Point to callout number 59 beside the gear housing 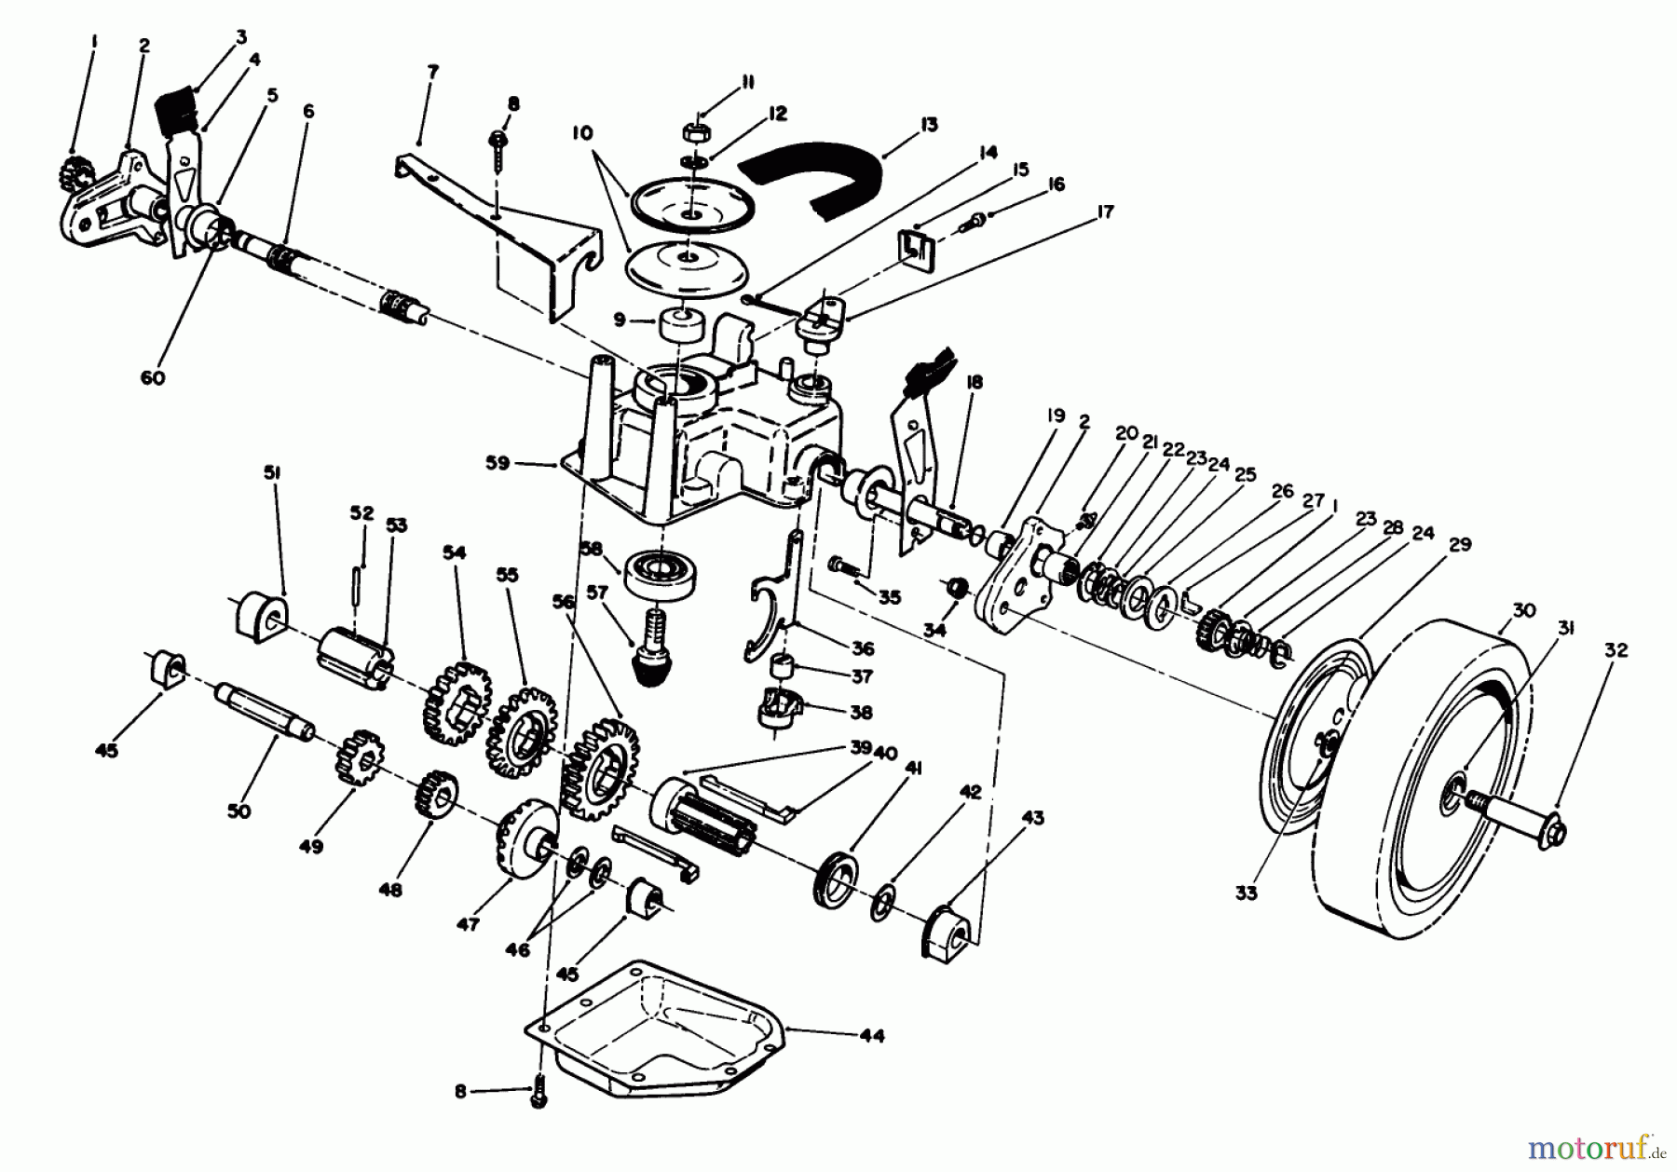tap(498, 463)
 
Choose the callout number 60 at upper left tap(153, 378)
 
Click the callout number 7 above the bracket tap(432, 71)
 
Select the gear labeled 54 tap(456, 702)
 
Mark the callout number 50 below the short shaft tap(239, 811)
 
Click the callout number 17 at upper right tap(1104, 213)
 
